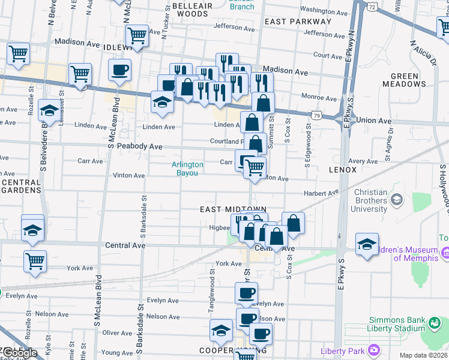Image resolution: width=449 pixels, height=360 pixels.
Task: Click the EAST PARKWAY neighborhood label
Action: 297,21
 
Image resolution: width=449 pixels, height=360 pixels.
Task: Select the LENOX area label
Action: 343,170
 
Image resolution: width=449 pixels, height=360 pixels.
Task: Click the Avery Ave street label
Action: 363,161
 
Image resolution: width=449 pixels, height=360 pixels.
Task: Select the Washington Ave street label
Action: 324,10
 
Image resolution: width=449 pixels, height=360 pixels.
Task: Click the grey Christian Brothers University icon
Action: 396,199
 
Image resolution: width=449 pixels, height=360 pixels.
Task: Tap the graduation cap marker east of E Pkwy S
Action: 367,244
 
